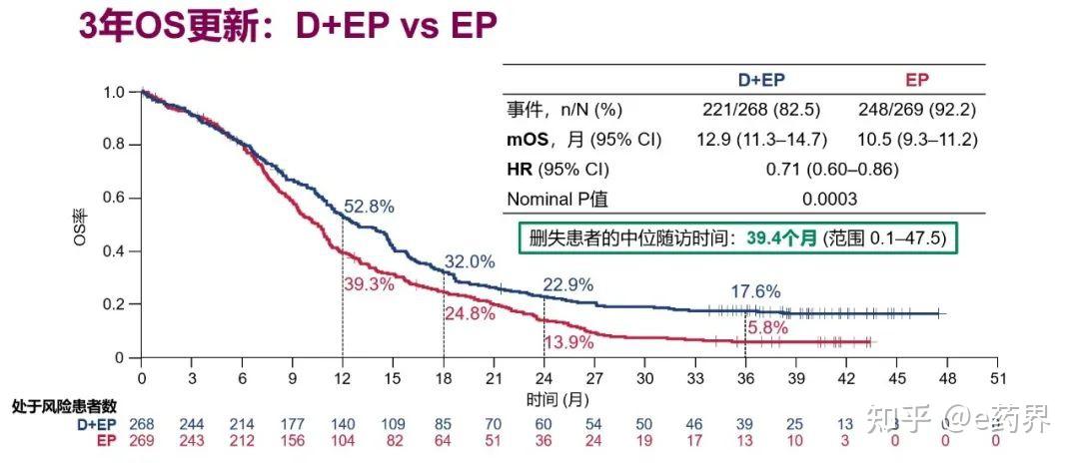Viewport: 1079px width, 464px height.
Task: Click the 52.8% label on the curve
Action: [x=369, y=207]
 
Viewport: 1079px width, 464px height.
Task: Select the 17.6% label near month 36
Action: [x=753, y=291]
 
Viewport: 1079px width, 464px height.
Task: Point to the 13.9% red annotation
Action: [x=568, y=342]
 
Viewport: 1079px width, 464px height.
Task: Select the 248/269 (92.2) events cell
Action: [x=916, y=110]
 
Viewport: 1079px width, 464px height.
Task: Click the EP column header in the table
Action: [x=916, y=81]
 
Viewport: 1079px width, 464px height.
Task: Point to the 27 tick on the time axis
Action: [x=594, y=378]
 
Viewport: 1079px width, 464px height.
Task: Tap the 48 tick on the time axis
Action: [x=947, y=378]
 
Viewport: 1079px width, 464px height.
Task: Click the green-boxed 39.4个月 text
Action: [x=782, y=238]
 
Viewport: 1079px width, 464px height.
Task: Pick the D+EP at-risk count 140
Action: [x=343, y=424]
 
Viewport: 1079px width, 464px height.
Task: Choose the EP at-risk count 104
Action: [x=343, y=440]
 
